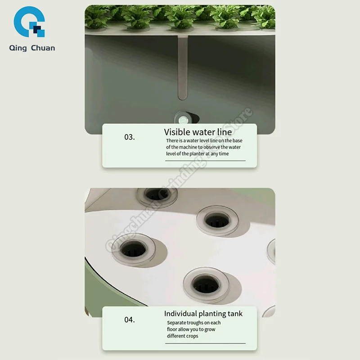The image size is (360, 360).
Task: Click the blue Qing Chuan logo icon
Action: point(29,22)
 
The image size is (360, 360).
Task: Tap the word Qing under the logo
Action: point(19,48)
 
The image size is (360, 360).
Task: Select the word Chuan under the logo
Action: point(43,48)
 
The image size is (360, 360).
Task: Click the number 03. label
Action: point(130,137)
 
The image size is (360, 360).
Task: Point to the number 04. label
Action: point(130,320)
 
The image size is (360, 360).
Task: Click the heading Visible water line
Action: point(198,132)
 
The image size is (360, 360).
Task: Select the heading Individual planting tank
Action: point(203,314)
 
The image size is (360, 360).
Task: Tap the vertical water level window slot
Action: point(183,67)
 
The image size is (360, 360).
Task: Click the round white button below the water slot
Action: point(184,119)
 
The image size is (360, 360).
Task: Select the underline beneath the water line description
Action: point(205,161)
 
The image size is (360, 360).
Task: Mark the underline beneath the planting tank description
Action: point(205,343)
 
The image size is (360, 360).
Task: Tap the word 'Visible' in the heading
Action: point(177,132)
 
